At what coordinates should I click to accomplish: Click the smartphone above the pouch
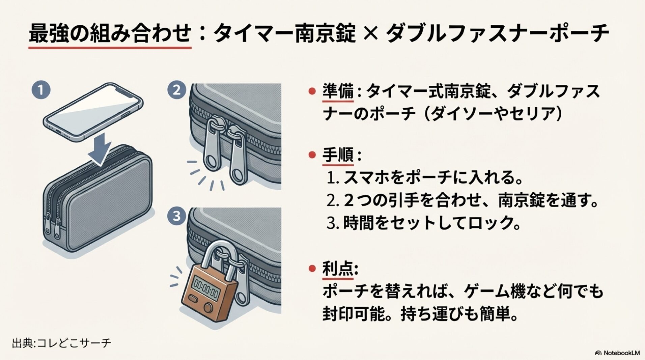(93, 111)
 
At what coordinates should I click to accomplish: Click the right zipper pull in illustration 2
(236, 155)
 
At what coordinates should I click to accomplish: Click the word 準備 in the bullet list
(338, 92)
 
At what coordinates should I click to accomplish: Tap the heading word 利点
(338, 269)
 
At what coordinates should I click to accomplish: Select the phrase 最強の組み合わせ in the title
(110, 34)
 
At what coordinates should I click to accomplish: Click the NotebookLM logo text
(617, 353)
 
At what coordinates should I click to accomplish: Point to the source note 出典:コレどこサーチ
(61, 343)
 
